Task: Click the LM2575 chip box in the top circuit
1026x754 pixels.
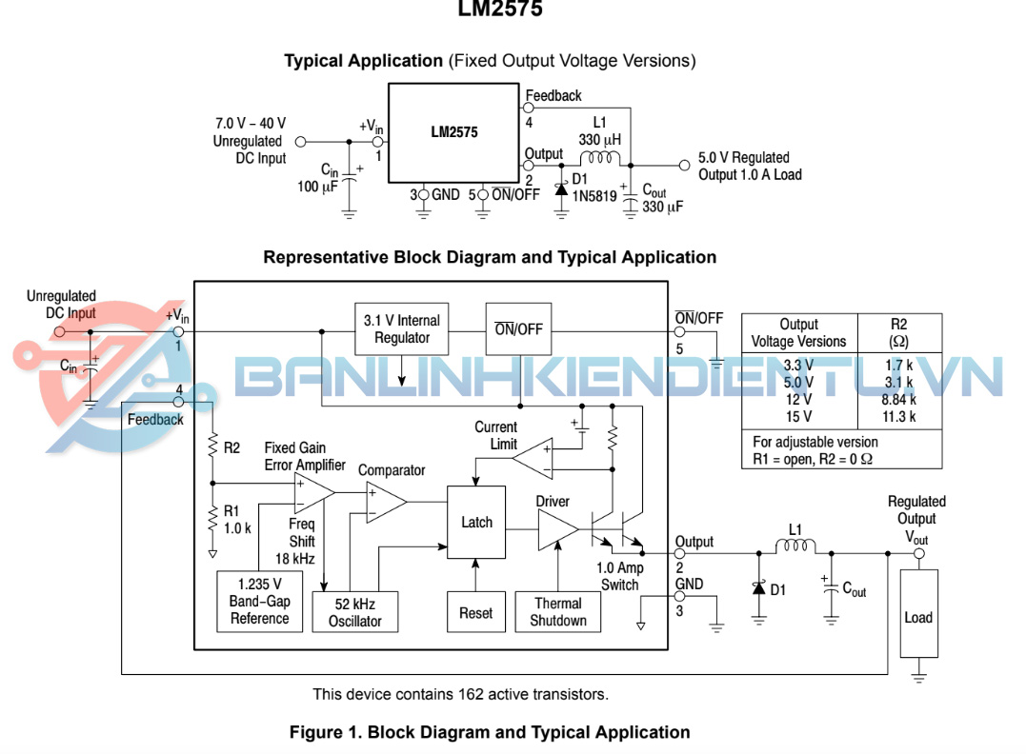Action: (453, 133)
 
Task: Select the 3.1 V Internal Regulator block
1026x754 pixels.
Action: (401, 329)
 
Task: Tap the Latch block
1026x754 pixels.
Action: (476, 522)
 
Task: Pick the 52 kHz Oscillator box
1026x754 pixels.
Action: (354, 612)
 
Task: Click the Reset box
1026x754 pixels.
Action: (474, 612)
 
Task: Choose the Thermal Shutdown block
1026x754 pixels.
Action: (557, 612)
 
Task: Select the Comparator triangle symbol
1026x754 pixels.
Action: (385, 502)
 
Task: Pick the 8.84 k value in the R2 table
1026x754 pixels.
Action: (899, 400)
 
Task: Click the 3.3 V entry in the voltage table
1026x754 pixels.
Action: (798, 365)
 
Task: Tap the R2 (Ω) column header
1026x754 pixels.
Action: (899, 332)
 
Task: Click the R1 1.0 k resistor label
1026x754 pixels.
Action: (238, 519)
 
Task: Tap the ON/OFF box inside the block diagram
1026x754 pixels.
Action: (518, 329)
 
